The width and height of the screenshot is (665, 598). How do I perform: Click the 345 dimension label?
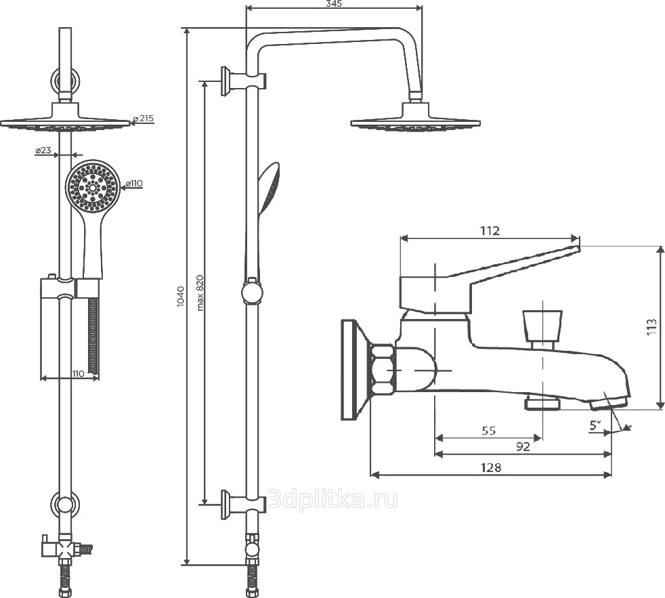click(x=334, y=4)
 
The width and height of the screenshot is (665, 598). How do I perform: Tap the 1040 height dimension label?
click(x=179, y=297)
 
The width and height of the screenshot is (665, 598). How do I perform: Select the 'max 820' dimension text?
click(x=200, y=292)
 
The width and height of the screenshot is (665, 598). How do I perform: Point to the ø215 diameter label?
click(x=144, y=119)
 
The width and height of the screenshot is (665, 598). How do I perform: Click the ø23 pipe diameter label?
click(x=43, y=151)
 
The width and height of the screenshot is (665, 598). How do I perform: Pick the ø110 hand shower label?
click(x=133, y=184)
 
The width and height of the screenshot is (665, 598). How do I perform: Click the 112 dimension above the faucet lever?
click(x=490, y=231)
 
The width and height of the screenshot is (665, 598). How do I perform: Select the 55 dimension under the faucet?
click(x=488, y=430)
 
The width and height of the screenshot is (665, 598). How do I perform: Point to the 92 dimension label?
click(x=523, y=446)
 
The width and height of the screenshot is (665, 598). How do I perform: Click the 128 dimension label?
click(x=492, y=467)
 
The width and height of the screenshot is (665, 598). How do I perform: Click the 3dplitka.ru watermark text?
click(x=333, y=500)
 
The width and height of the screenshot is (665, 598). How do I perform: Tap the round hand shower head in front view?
click(x=93, y=186)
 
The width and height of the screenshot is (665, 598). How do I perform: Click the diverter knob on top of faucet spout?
click(x=542, y=326)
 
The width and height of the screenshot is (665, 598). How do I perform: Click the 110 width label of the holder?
click(x=78, y=373)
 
